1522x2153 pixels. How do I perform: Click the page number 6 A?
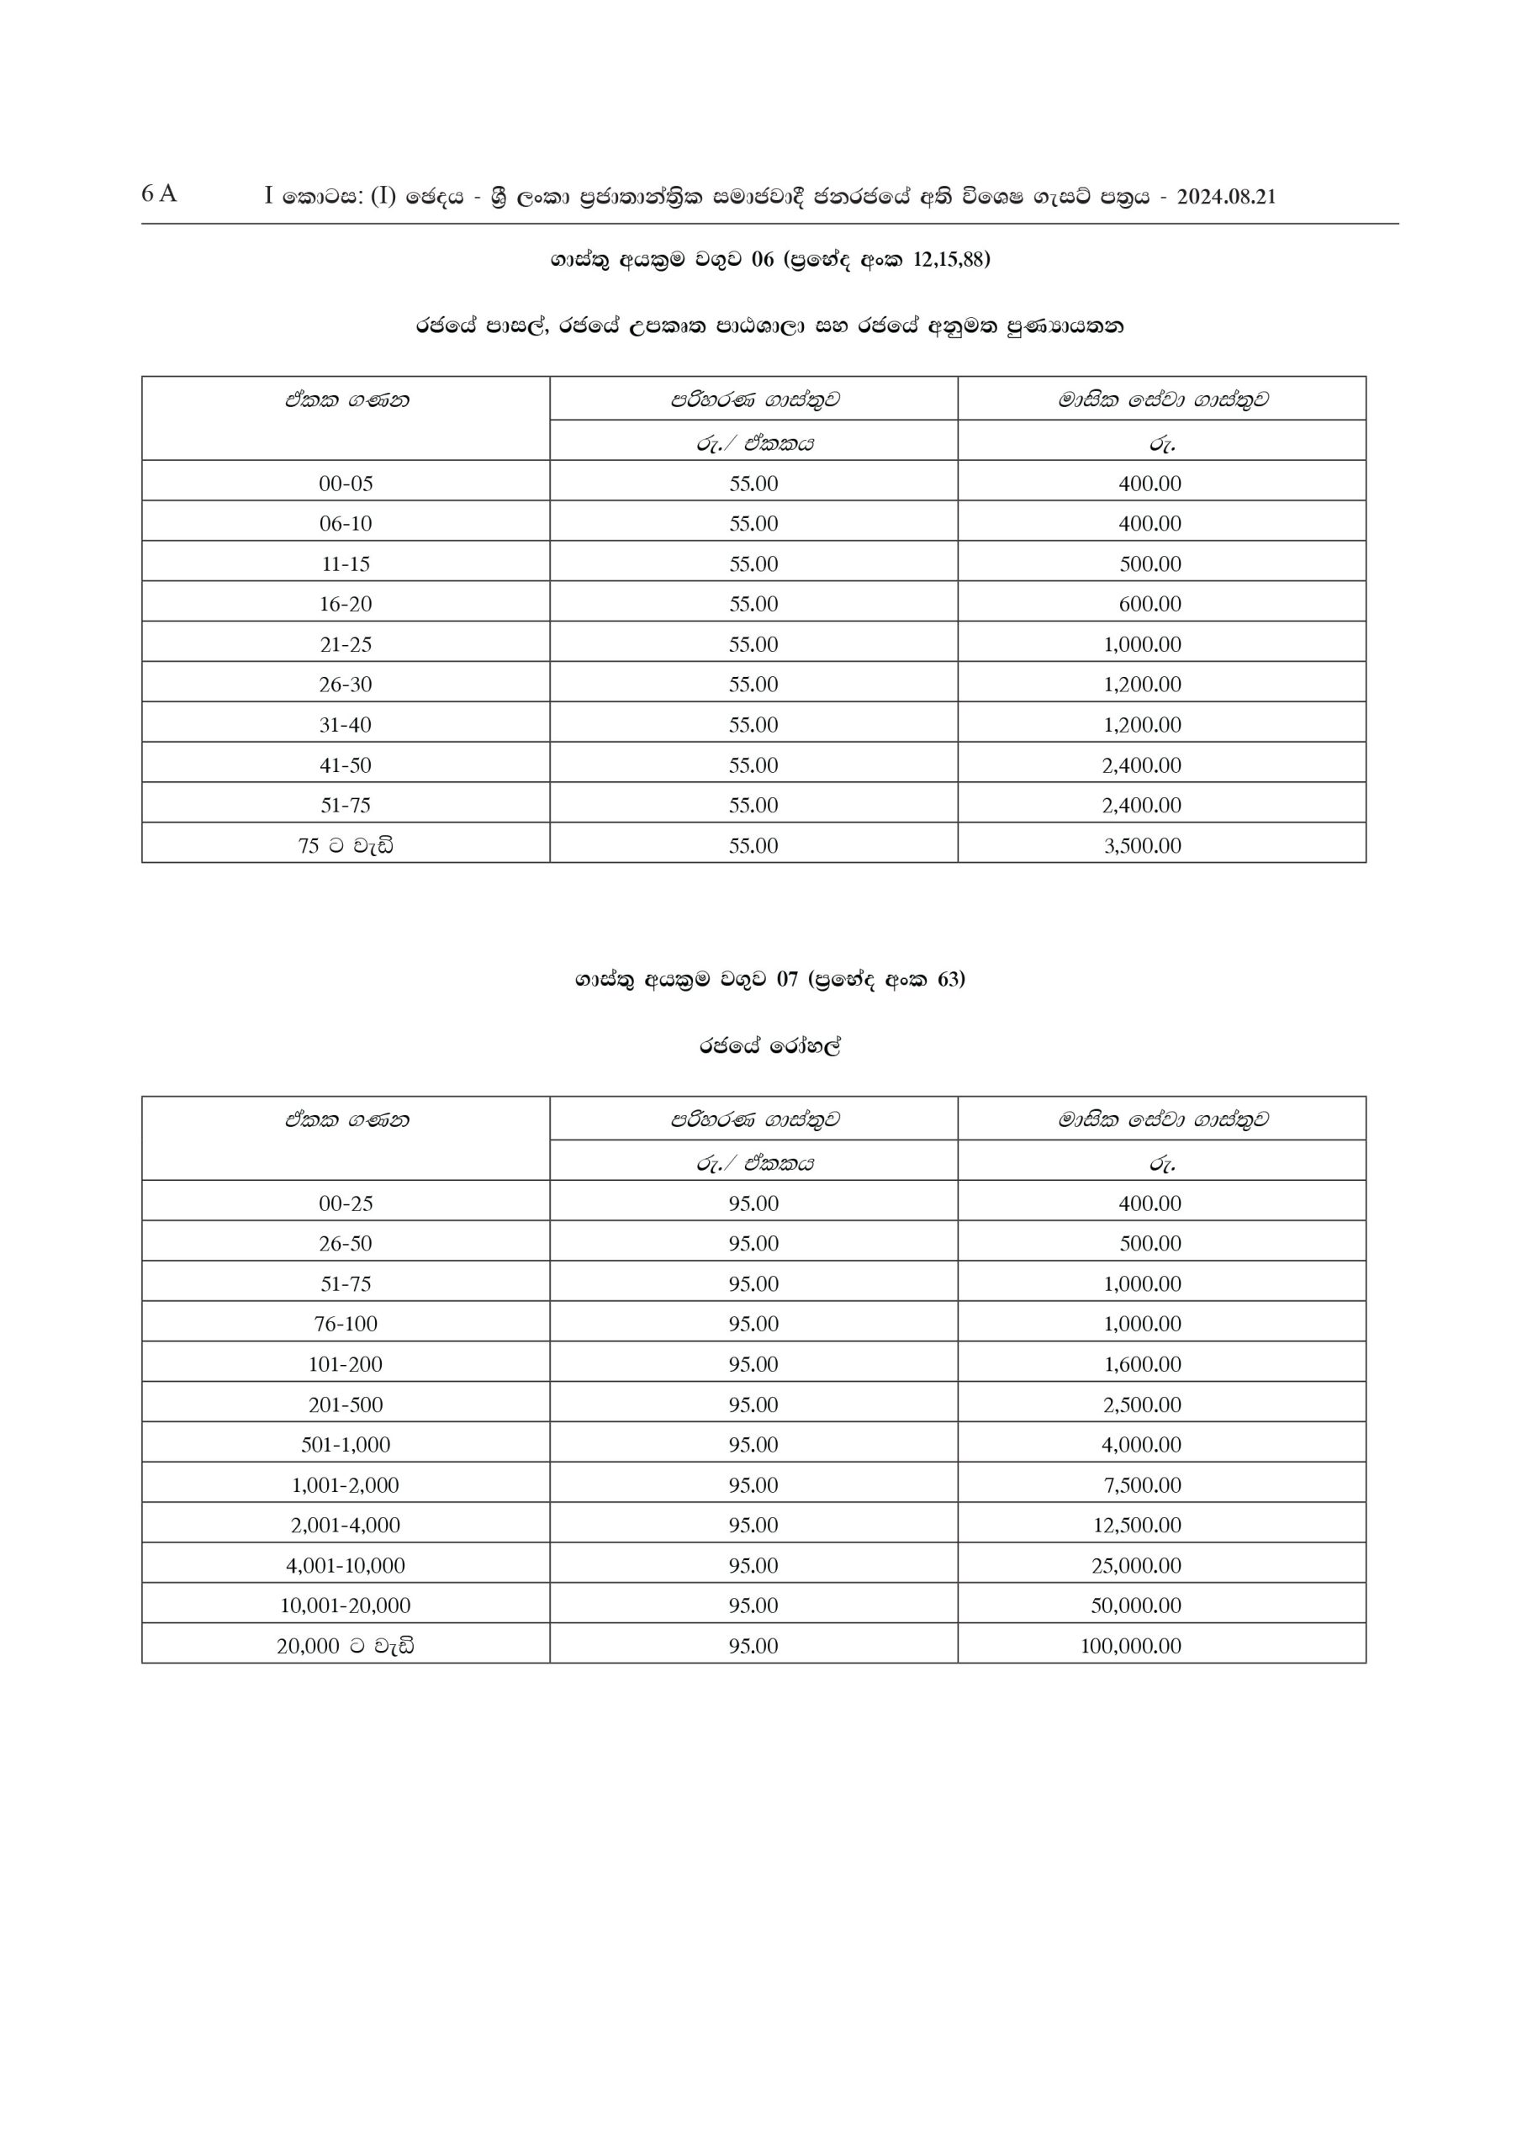tap(158, 194)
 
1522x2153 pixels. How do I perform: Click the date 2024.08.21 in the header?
tap(1226, 197)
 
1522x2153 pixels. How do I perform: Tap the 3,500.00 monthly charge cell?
tap(1142, 846)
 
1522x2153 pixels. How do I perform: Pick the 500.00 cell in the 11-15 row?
tap(1149, 564)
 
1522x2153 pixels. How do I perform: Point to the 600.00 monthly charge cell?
tap(1149, 605)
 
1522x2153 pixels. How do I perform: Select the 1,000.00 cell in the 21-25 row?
tap(1142, 645)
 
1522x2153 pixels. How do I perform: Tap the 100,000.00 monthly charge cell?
tap(1130, 1646)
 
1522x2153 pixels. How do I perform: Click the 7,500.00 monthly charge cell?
tap(1142, 1485)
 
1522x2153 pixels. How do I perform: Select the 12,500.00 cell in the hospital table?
tap(1137, 1526)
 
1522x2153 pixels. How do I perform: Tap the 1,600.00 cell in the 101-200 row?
tap(1142, 1364)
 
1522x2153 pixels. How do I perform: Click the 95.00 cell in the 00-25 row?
tap(753, 1204)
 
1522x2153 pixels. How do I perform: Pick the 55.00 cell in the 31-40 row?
tap(753, 725)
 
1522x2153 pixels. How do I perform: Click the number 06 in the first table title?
tap(763, 260)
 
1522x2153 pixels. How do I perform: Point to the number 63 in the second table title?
tap(949, 980)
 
